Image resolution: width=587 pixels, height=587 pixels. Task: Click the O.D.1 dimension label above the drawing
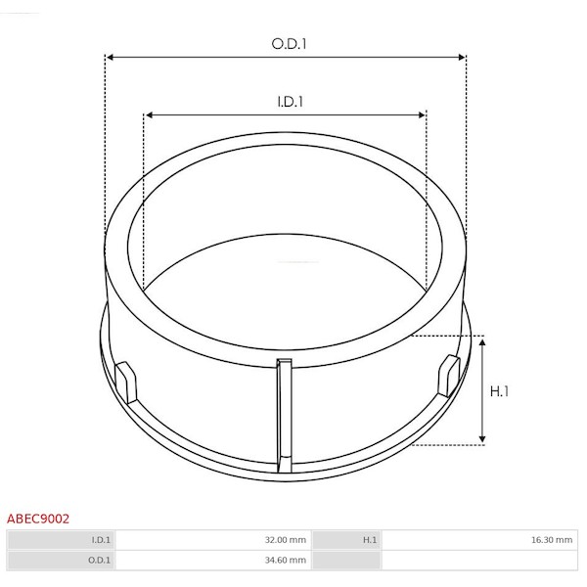[x=289, y=44]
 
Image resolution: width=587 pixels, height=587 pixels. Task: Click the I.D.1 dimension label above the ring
[x=291, y=102]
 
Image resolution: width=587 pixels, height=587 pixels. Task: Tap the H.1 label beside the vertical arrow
[x=499, y=391]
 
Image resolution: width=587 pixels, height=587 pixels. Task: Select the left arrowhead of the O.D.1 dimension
[x=110, y=58]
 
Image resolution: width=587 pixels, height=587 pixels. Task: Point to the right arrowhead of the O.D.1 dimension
[x=462, y=58]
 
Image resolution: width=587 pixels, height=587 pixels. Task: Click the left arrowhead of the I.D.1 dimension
[x=149, y=114]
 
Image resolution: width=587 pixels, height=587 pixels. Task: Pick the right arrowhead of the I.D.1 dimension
[x=422, y=114]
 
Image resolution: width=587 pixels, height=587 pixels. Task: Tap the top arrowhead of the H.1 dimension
[x=482, y=343]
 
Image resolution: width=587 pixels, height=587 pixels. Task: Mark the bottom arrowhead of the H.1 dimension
[x=482, y=438]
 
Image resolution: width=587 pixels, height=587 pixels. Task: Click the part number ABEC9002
[x=38, y=519]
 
